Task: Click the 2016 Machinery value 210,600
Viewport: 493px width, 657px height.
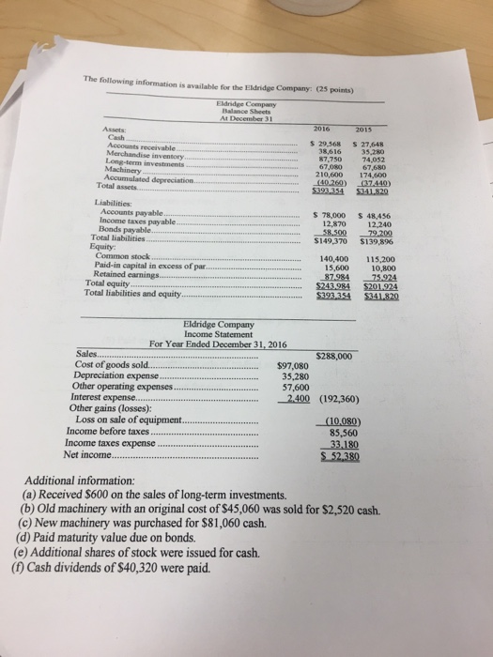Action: coord(319,176)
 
